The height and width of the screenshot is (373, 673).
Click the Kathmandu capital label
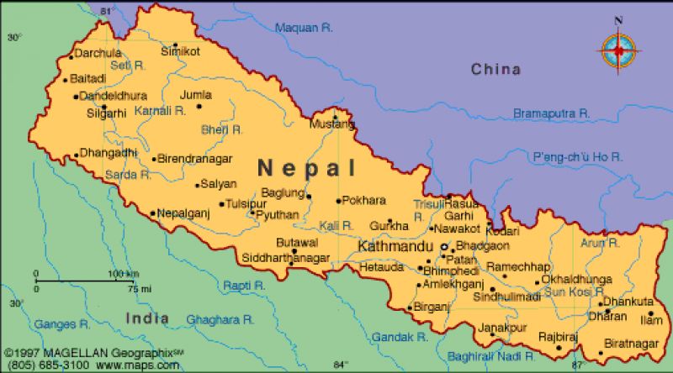(395, 247)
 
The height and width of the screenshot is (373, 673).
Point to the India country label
(147, 318)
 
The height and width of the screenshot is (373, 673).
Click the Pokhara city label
(363, 201)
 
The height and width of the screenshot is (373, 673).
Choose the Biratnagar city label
(630, 343)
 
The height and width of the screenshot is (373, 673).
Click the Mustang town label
(332, 125)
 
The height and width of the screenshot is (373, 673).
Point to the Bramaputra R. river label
(554, 113)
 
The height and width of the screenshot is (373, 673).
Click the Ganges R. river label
(61, 323)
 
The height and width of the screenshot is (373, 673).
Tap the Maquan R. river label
(305, 28)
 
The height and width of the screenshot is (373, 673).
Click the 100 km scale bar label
(123, 274)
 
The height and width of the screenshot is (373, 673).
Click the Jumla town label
(195, 95)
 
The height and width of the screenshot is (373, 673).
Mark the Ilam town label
(652, 320)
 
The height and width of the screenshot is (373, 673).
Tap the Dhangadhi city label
(108, 154)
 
